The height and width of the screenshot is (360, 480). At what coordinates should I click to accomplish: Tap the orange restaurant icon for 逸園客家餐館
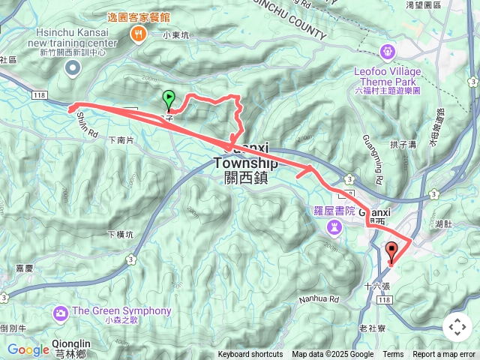(138, 33)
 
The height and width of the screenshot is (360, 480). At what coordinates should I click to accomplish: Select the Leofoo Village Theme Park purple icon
(387, 52)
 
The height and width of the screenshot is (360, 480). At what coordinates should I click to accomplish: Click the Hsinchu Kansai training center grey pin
(73, 69)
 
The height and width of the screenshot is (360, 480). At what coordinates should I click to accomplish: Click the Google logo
(28, 349)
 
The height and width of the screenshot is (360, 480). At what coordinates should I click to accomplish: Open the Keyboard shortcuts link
(250, 355)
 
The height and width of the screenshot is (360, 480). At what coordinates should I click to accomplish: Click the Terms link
(393, 355)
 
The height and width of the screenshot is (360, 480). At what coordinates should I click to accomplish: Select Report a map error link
(444, 355)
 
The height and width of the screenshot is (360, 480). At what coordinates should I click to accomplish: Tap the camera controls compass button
(457, 327)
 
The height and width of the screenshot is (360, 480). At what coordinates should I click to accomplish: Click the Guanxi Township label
(245, 163)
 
